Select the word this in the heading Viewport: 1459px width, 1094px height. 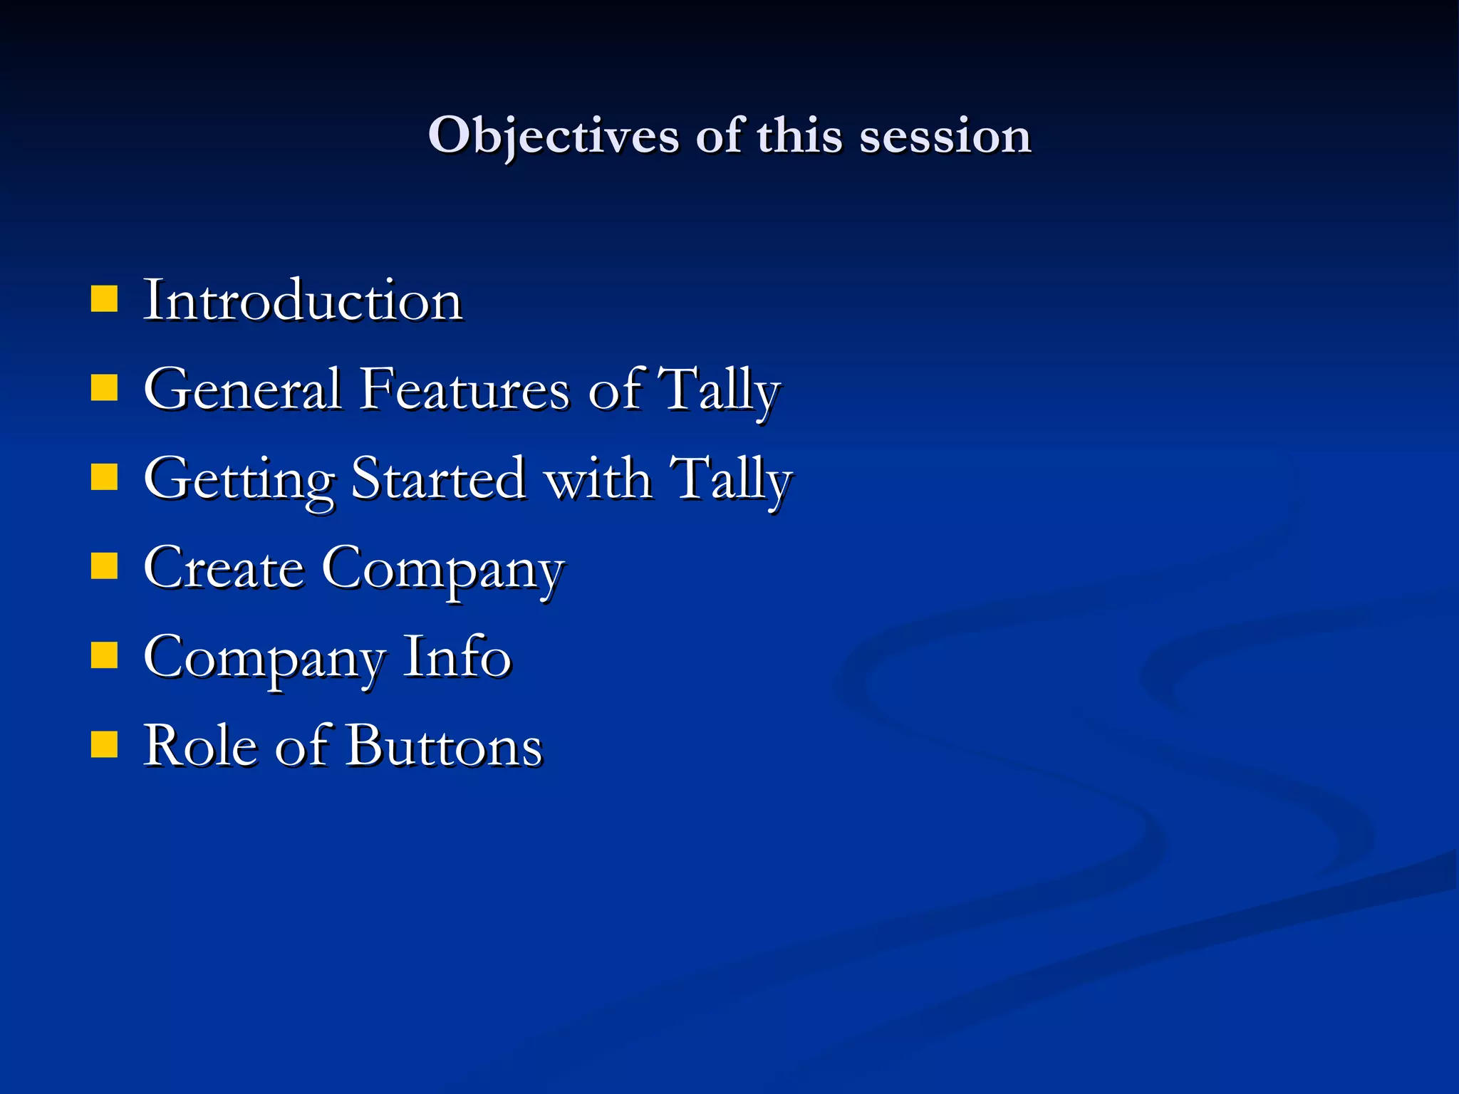pyautogui.click(x=799, y=135)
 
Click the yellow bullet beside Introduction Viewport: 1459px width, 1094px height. pyautogui.click(x=104, y=300)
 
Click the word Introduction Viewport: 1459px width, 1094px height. pyautogui.click(x=303, y=301)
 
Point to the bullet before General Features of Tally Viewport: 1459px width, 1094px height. pyautogui.click(x=104, y=389)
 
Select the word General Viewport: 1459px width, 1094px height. pyautogui.click(x=242, y=390)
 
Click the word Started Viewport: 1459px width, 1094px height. pyautogui.click(x=438, y=479)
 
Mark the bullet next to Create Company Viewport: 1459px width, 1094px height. pyautogui.click(x=104, y=567)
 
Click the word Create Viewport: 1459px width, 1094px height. pyautogui.click(x=223, y=568)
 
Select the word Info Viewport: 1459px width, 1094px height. pyautogui.click(x=457, y=657)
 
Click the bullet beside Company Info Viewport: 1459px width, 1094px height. pyautogui.click(x=104, y=656)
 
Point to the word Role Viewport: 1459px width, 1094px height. pyautogui.click(x=199, y=746)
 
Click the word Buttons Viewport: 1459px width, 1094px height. pyautogui.click(x=445, y=746)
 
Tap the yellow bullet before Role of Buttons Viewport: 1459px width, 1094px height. pyautogui.click(x=104, y=745)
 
